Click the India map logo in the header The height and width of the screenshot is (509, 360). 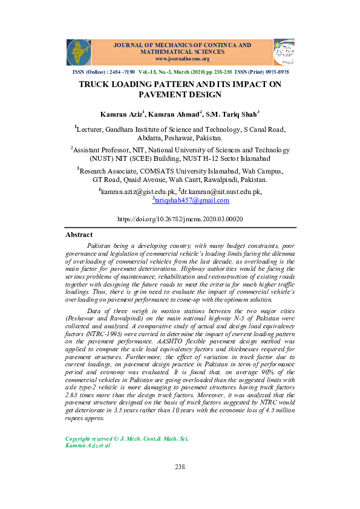point(79,52)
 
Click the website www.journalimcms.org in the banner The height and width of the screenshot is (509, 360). point(182,59)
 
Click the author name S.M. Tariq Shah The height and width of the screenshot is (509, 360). point(232,114)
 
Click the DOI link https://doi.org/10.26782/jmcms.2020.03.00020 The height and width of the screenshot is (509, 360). point(180,219)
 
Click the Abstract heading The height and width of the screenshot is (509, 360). point(79,235)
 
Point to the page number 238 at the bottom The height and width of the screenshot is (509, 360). point(180,467)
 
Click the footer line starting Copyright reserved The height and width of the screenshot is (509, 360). point(126,438)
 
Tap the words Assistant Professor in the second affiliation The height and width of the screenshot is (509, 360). point(105,150)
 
